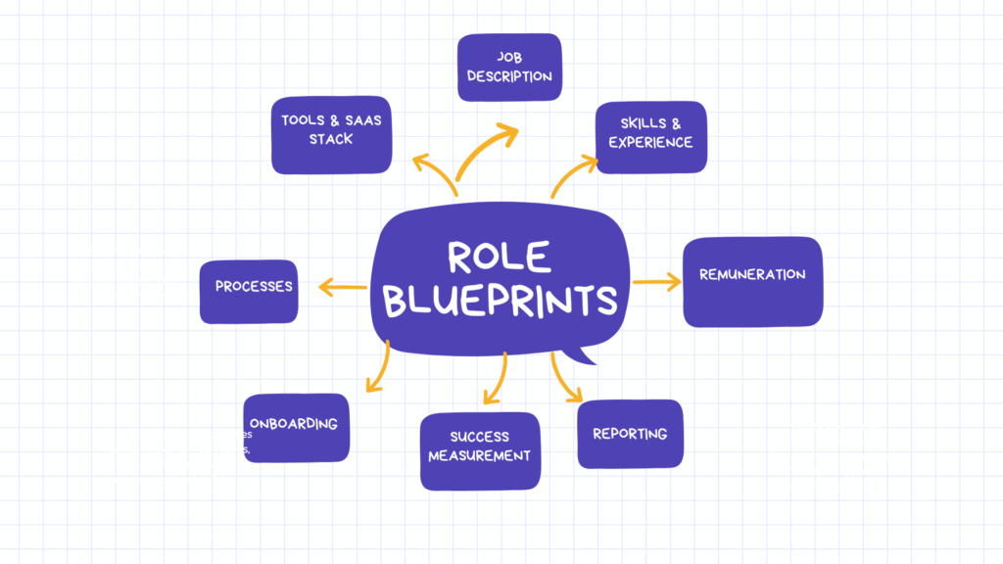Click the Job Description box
(x=509, y=68)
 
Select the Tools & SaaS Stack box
(x=331, y=134)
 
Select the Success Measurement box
(x=479, y=450)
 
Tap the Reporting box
(x=630, y=434)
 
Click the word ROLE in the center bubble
(x=499, y=257)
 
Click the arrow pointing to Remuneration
(x=656, y=282)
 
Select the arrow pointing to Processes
(x=342, y=287)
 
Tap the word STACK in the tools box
(x=331, y=139)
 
